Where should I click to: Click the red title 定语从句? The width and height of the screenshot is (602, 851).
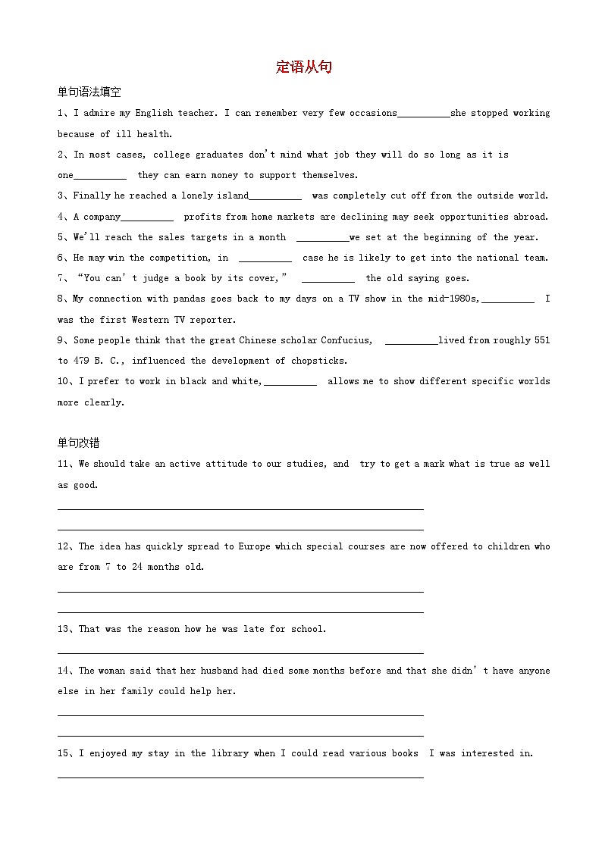(304, 67)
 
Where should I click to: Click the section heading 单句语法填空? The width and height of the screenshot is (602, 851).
(89, 92)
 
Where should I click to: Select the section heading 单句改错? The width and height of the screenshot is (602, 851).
(78, 443)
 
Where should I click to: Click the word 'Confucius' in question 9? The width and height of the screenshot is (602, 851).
(346, 340)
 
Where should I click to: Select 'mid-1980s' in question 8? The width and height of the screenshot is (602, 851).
(453, 299)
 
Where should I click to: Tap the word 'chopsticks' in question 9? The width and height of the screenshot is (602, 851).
(319, 361)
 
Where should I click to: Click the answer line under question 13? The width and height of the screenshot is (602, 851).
(240, 652)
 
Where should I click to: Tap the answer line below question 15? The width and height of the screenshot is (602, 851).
(240, 776)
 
